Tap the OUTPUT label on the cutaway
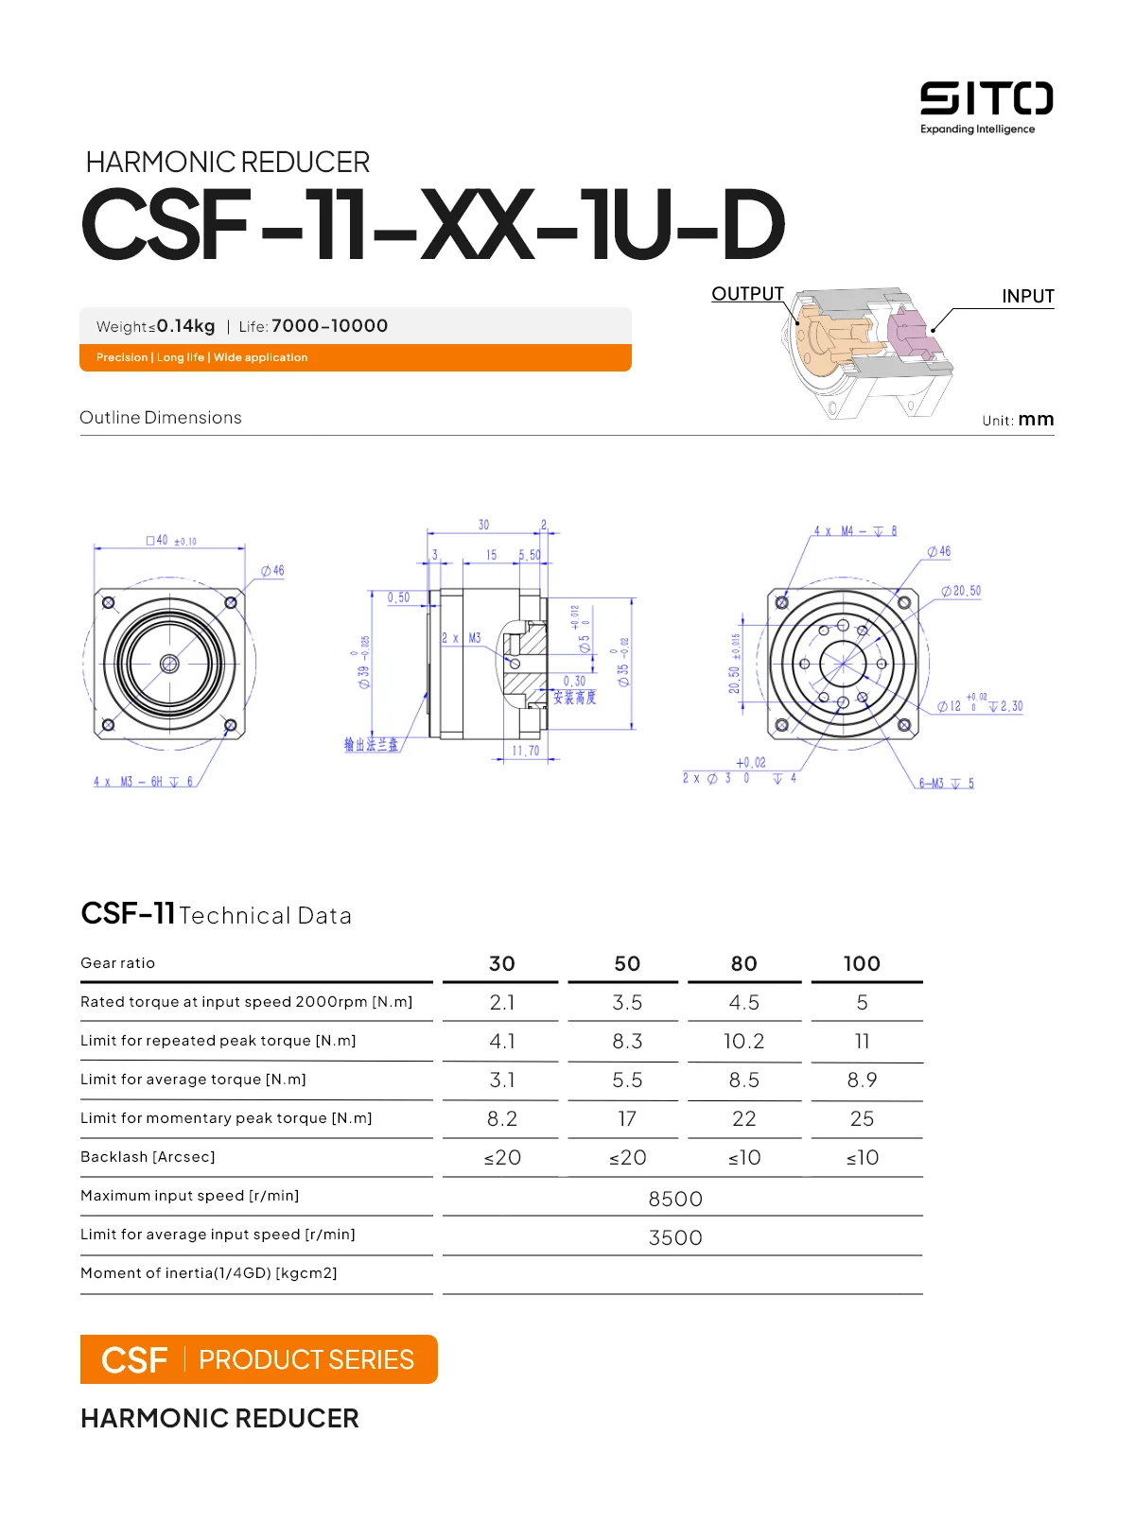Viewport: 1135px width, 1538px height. (747, 294)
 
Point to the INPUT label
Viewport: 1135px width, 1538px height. (1027, 296)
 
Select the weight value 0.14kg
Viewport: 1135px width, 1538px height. (185, 326)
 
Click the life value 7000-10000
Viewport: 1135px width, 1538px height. (329, 326)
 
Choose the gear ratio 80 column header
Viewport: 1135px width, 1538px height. (743, 963)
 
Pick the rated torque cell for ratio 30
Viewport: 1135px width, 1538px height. (501, 1002)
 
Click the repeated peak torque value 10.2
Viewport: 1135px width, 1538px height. (743, 1041)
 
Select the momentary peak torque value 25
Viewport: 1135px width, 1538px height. (862, 1118)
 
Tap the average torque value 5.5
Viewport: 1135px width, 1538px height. (627, 1080)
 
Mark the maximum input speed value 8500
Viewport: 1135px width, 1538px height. (675, 1199)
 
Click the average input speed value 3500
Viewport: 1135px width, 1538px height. (675, 1237)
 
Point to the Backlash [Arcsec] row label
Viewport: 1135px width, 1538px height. (148, 1157)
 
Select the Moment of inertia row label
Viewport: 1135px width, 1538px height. (208, 1273)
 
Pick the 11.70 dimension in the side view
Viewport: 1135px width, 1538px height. (525, 752)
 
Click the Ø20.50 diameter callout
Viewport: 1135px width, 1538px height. (961, 591)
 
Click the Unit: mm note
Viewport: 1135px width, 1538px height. (1018, 420)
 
